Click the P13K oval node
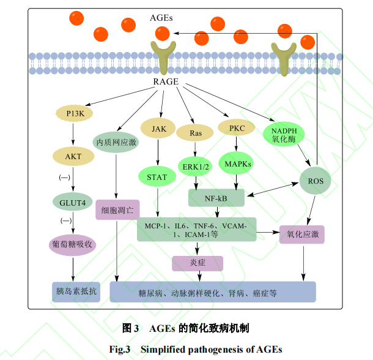tap(73, 113)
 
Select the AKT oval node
tap(73, 156)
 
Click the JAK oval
tap(158, 129)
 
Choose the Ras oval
tap(196, 133)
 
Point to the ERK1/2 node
tap(196, 165)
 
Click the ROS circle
tap(316, 181)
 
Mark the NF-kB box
tap(216, 197)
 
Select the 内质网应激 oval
tap(116, 141)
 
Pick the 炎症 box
tap(198, 263)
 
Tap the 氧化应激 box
tap(301, 234)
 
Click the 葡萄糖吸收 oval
tap(73, 244)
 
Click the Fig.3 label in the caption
tap(120, 350)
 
